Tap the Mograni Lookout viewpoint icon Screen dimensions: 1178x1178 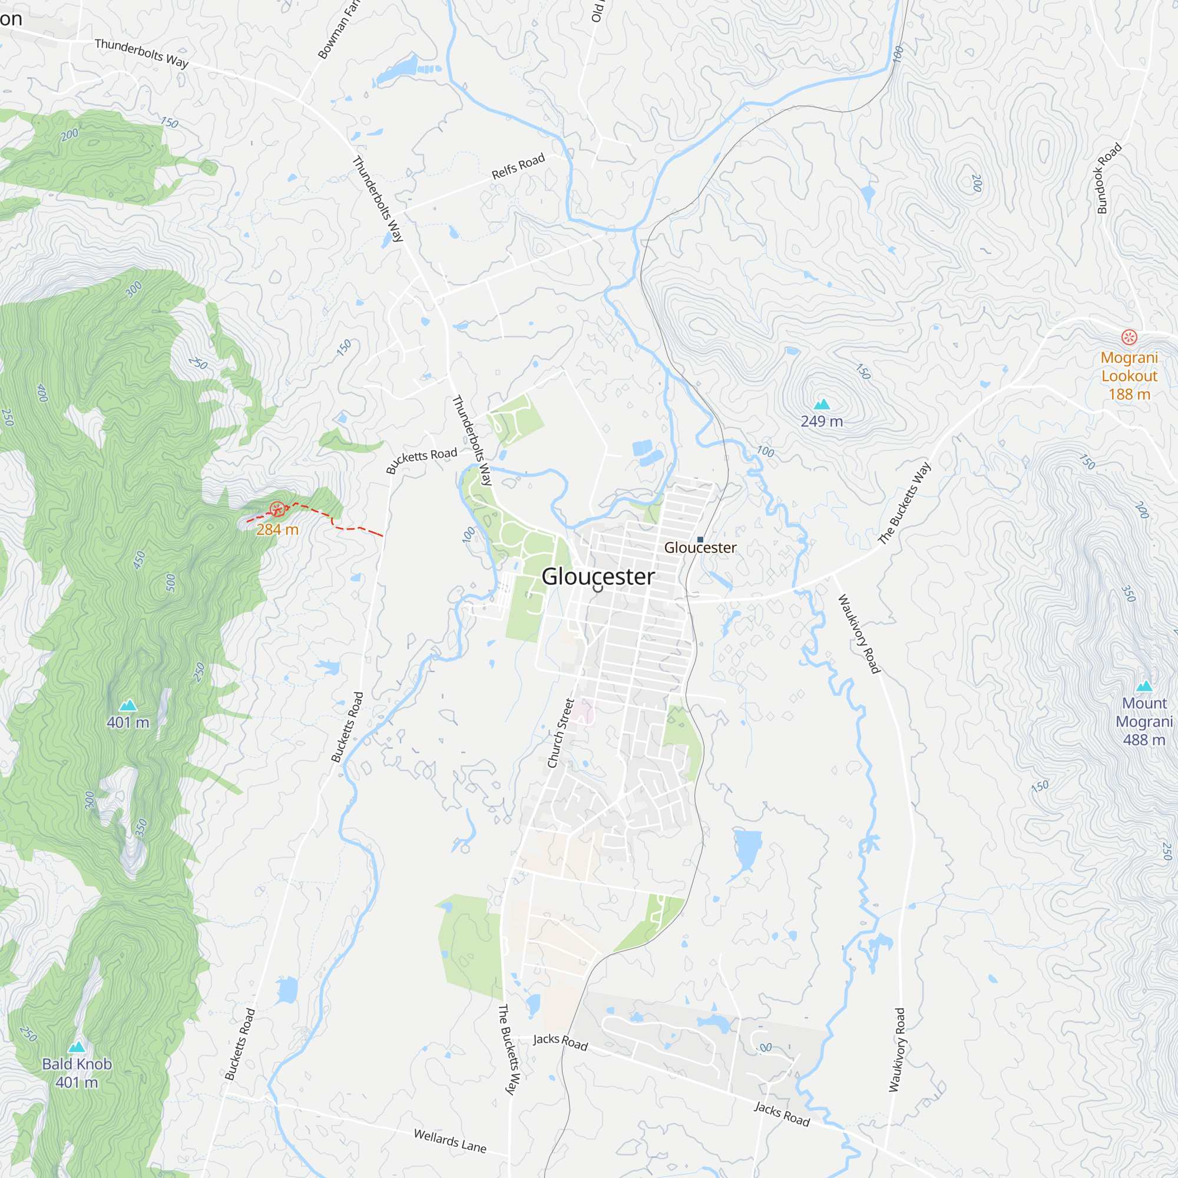pyautogui.click(x=1129, y=336)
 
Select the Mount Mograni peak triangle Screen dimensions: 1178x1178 pyautogui.click(x=1144, y=686)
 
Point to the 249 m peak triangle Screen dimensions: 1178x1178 pyautogui.click(x=822, y=404)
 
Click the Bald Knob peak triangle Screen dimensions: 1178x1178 pyautogui.click(x=76, y=1047)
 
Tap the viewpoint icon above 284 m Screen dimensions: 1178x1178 pyautogui.click(x=277, y=508)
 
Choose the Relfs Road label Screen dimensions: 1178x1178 pyautogui.click(x=518, y=167)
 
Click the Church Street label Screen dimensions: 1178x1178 pyautogui.click(x=560, y=733)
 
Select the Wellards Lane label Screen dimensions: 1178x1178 pyautogui.click(x=450, y=1141)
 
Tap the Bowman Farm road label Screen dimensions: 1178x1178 pyautogui.click(x=339, y=31)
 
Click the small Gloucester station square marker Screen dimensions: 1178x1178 pyautogui.click(x=700, y=540)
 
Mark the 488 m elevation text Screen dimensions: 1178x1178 pyautogui.click(x=1144, y=740)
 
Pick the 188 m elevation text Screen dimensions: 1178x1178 pyautogui.click(x=1129, y=395)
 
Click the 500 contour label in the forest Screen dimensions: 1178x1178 pyautogui.click(x=171, y=583)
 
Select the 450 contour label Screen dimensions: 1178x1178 pyautogui.click(x=140, y=560)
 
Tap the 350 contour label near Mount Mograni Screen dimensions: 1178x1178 pyautogui.click(x=1129, y=594)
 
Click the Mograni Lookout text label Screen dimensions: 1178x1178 pyautogui.click(x=1129, y=366)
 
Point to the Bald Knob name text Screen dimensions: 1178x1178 pyautogui.click(x=77, y=1064)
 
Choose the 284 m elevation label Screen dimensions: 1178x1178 pyautogui.click(x=277, y=530)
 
